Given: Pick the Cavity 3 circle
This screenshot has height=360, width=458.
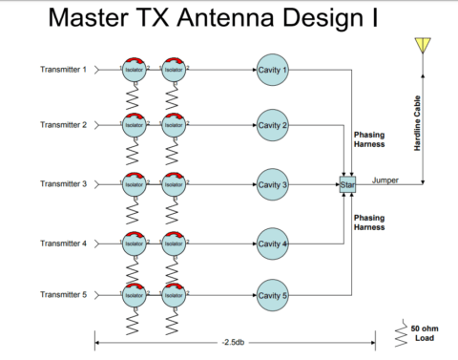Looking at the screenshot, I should click(272, 183).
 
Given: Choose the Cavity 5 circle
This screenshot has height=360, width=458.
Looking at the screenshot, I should click(272, 296).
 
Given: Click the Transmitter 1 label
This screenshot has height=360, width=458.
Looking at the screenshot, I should click(63, 70).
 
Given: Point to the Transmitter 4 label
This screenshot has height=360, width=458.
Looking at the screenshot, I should click(63, 244).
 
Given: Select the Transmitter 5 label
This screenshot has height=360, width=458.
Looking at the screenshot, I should click(63, 296).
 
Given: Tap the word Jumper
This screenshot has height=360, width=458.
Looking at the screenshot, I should click(385, 179).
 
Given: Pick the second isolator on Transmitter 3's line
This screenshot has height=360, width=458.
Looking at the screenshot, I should click(174, 183).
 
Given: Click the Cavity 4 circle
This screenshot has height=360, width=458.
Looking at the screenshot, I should click(272, 244).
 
